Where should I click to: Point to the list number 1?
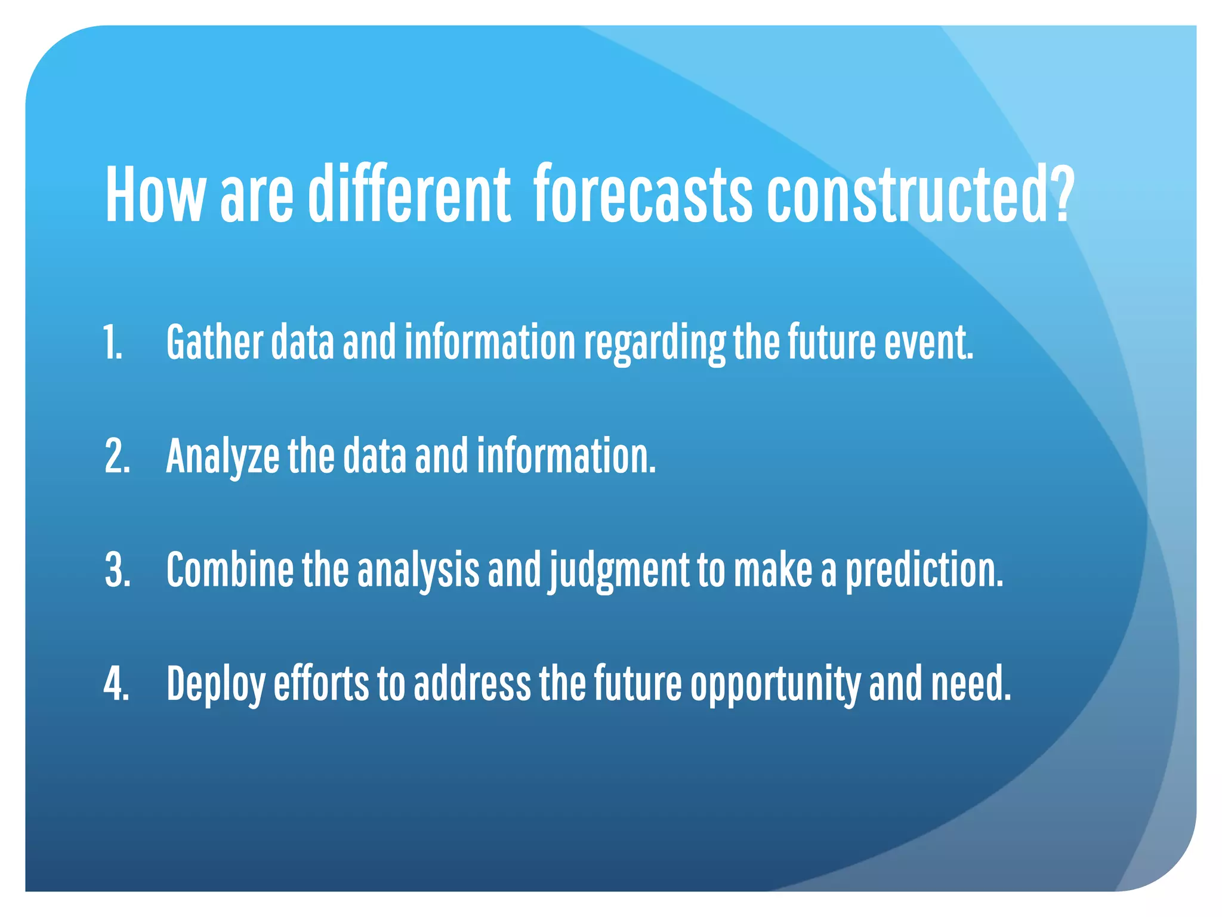coord(113,343)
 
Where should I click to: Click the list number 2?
coord(117,457)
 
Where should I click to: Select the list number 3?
coord(117,570)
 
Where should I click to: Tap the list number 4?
coord(116,684)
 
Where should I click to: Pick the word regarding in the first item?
coord(654,344)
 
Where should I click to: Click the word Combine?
coord(230,570)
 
